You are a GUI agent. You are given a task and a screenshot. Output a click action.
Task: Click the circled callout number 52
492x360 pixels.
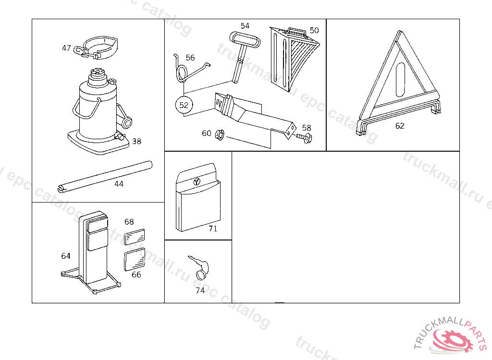(x=184, y=105)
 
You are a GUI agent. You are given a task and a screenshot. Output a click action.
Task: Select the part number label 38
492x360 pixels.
(x=137, y=141)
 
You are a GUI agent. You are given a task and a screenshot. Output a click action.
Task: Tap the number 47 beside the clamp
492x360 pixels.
(x=67, y=48)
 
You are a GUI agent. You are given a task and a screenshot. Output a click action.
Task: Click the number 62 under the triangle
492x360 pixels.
(x=400, y=126)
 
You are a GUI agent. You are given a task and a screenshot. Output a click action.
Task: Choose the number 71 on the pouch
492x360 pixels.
(x=213, y=228)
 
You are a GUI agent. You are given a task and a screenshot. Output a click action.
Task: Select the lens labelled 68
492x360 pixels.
(x=135, y=237)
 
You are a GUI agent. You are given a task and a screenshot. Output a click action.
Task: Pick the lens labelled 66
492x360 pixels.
(x=134, y=260)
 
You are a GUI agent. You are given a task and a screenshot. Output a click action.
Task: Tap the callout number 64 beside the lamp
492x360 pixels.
(x=66, y=256)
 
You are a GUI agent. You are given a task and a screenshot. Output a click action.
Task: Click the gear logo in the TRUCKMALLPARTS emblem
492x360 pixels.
(x=452, y=340)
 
